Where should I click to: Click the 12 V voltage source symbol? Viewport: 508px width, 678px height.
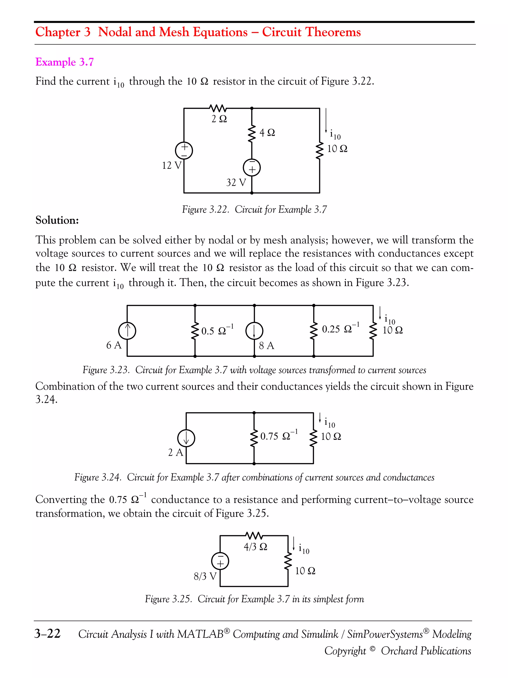(184, 150)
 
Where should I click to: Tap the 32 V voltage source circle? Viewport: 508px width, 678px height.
(252, 168)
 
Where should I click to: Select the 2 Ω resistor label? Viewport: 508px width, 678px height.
(219, 119)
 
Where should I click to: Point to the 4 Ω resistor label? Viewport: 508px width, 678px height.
(267, 132)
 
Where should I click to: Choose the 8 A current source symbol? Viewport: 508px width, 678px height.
(254, 331)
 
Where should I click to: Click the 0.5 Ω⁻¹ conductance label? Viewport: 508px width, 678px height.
(217, 330)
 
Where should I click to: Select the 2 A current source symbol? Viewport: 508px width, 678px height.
(186, 438)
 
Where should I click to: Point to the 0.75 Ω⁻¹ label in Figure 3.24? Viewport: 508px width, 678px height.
(279, 435)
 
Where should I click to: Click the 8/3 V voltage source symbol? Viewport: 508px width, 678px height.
(220, 561)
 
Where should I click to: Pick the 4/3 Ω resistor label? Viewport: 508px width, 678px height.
(255, 546)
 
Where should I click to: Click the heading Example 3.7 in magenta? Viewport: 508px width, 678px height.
(64, 62)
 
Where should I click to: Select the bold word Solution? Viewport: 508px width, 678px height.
(57, 220)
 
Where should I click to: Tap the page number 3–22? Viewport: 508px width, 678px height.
(47, 634)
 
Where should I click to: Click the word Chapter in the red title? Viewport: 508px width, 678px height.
(58, 32)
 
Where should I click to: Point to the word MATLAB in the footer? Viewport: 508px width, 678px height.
(200, 634)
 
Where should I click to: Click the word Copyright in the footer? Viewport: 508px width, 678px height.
(345, 651)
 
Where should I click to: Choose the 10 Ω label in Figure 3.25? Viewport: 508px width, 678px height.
(305, 571)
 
